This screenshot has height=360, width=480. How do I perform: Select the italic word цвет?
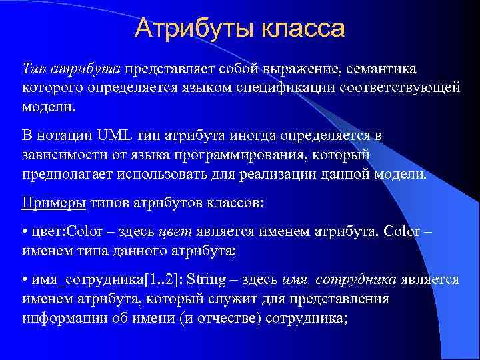pos(175,232)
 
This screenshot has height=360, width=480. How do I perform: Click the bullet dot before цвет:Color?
pos(25,232)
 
